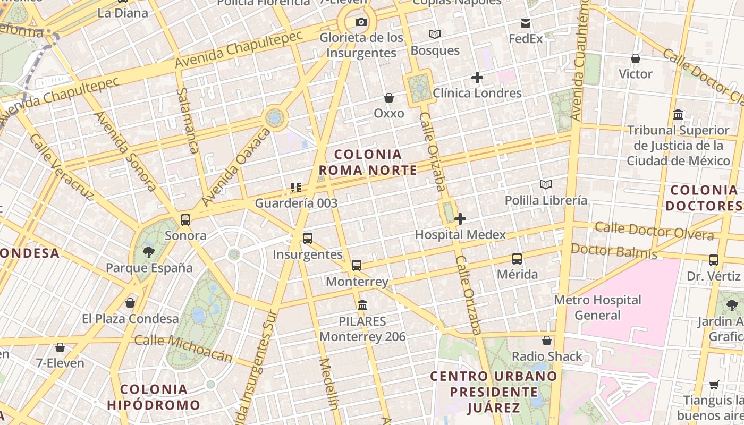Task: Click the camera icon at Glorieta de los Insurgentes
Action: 361,22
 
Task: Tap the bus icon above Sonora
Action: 185,219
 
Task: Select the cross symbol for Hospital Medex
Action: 460,218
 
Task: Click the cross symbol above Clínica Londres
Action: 477,78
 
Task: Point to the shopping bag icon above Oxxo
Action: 389,98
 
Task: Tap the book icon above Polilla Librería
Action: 546,184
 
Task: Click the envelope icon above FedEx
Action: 526,23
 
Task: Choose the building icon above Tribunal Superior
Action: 678,114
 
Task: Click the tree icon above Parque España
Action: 149,252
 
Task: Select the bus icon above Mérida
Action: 517,259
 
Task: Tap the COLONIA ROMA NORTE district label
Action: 368,162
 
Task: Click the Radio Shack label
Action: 547,356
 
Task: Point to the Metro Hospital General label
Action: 598,308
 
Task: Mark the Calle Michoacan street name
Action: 183,347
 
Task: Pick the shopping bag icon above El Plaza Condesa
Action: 130,303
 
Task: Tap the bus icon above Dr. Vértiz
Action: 714,260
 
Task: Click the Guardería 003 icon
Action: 296,187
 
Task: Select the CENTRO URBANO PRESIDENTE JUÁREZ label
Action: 494,392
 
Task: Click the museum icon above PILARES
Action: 363,305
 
